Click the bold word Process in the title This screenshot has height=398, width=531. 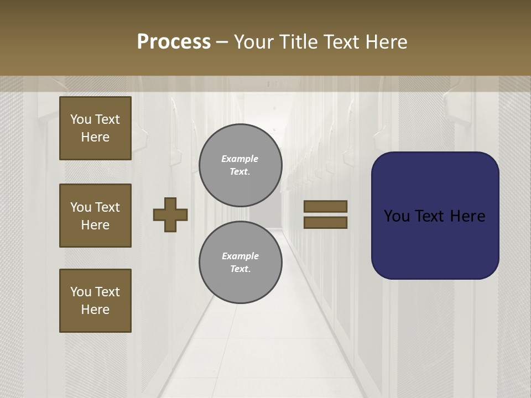tap(174, 42)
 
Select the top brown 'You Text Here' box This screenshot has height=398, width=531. tap(95, 128)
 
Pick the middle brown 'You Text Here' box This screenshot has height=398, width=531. tap(95, 216)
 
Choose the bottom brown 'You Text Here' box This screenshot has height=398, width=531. tap(95, 301)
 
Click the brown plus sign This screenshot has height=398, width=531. tap(170, 214)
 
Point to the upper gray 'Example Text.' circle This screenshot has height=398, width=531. tap(240, 165)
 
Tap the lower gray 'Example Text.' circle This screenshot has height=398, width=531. tap(240, 263)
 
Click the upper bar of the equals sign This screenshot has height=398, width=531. tap(325, 207)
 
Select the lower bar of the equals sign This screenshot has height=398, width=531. tap(325, 222)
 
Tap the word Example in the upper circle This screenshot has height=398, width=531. tap(240, 159)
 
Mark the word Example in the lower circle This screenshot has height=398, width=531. tap(240, 256)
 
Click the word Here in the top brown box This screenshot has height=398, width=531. tap(95, 137)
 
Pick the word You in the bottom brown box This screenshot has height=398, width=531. tap(81, 292)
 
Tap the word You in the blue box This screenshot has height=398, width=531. tap(397, 216)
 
